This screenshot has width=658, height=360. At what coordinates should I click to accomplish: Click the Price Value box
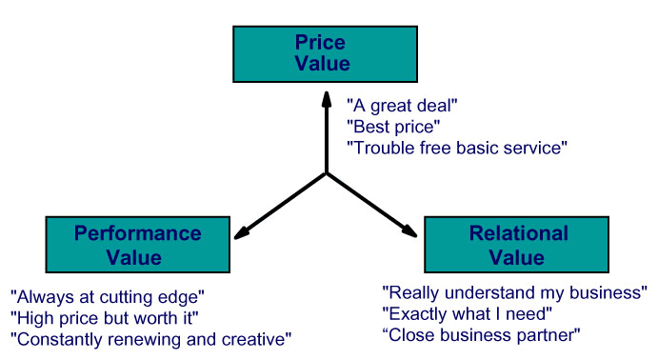coord(326,54)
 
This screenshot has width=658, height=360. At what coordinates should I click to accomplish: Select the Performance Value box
coord(138,245)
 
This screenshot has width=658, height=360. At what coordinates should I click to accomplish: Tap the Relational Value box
coord(516,245)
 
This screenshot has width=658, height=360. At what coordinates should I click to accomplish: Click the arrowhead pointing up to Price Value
coord(327,100)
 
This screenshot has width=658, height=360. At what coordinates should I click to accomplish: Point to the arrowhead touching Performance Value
coord(242,233)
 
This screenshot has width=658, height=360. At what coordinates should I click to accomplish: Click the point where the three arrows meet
coord(327,173)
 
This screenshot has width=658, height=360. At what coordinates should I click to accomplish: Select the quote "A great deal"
coord(402,106)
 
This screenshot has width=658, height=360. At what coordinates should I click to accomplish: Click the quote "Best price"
coord(393,127)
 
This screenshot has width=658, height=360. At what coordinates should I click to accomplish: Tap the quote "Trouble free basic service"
coord(457,148)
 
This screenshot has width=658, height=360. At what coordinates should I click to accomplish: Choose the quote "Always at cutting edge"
coord(108,297)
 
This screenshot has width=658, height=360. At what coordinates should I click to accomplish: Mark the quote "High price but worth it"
coord(105,318)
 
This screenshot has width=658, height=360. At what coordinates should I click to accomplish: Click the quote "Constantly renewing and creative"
coord(151,339)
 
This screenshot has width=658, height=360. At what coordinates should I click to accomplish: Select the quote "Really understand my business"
coord(515,293)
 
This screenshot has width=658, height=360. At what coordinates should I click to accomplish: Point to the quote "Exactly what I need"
coord(467,314)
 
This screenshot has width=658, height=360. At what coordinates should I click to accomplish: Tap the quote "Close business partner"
coord(481,335)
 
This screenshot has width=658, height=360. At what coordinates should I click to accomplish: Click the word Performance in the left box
coord(138,233)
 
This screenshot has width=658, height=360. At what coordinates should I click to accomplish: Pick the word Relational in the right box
coord(519,233)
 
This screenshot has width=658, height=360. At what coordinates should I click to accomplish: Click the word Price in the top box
coord(320,42)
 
